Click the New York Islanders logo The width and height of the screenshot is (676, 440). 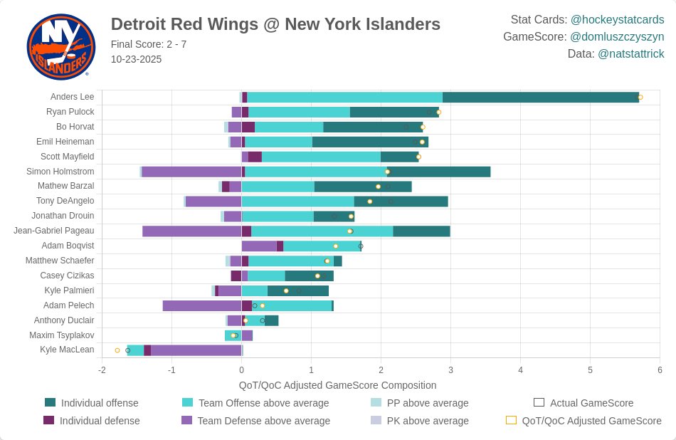click(60, 47)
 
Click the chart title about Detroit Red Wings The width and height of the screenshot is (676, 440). click(275, 24)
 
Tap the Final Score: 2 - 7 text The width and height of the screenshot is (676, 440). click(149, 44)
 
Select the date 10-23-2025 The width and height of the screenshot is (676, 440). click(136, 59)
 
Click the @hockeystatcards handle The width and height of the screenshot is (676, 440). click(617, 20)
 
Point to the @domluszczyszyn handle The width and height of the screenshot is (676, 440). click(617, 36)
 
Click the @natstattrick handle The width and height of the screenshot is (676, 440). click(630, 53)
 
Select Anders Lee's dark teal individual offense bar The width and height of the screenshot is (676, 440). click(541, 98)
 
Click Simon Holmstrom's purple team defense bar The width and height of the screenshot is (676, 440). click(191, 172)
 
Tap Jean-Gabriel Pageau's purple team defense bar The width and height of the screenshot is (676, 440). click(191, 231)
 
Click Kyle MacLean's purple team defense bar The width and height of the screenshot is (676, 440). click(196, 350)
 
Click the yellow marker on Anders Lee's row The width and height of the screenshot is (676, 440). click(640, 98)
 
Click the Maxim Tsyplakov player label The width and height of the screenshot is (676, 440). click(61, 335)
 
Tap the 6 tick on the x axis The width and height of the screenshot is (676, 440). click(660, 370)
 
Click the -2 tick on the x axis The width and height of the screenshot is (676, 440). click(102, 370)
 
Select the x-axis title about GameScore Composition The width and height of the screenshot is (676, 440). click(337, 385)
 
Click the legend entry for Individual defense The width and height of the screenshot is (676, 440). click(99, 421)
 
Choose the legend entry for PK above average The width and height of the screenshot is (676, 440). click(428, 421)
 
